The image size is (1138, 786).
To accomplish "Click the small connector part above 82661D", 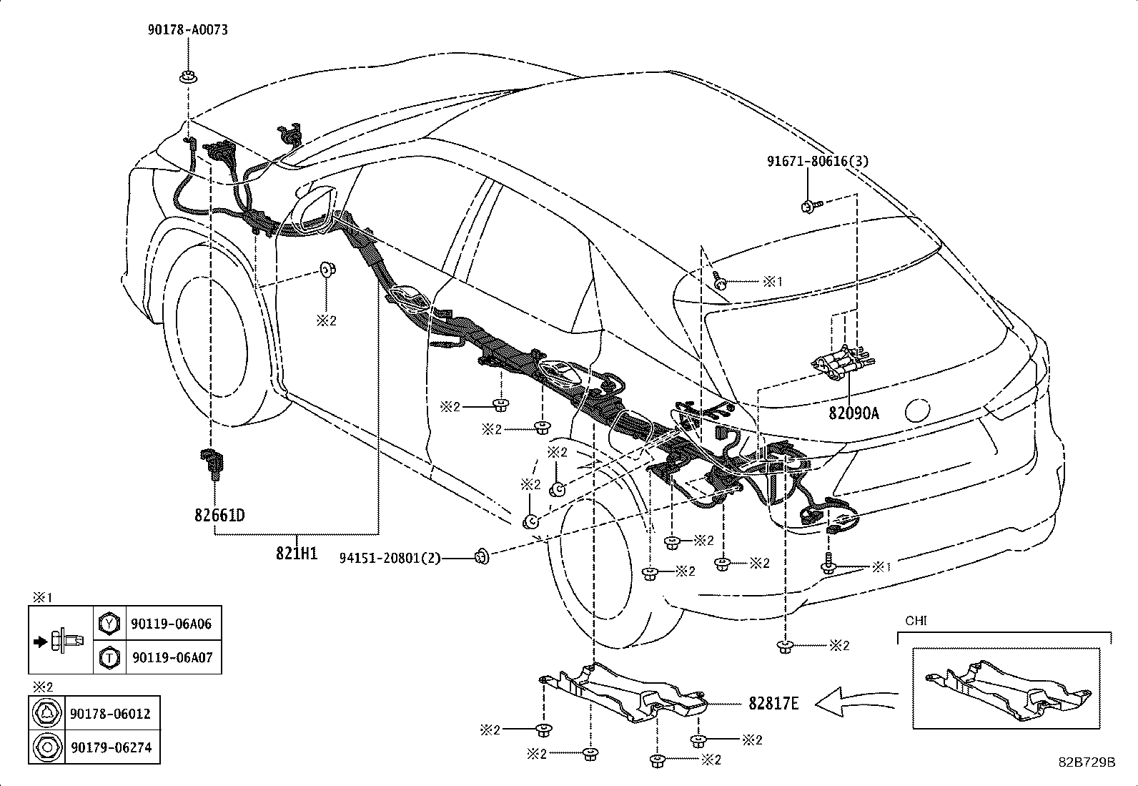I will pos(212,461).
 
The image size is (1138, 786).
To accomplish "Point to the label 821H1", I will pos(297,552).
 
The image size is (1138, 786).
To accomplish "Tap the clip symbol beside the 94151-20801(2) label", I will pos(482,554).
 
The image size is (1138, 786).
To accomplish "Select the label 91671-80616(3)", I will pos(818,162).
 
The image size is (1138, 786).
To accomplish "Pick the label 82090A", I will pos(853,413).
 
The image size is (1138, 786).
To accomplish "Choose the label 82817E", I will pos(773,703).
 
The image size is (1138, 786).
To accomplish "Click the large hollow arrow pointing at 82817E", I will pos(853,702).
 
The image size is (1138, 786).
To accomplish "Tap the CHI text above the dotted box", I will pos(916,621).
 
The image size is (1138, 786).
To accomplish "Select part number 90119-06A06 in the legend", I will pos(172,624).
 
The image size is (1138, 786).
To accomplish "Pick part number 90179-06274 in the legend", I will pos(111,747).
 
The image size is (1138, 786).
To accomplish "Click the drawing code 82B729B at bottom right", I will pos(1087,762).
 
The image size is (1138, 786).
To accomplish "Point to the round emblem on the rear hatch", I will pos(916,410).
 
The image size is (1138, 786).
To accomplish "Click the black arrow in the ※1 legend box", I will pos(40,640).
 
